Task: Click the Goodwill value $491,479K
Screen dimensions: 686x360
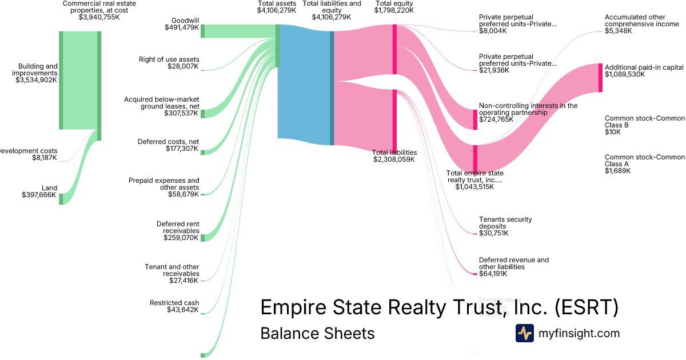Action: [x=181, y=27]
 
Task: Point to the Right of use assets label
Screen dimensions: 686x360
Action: [x=169, y=59]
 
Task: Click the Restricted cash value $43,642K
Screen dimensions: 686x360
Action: [x=182, y=310]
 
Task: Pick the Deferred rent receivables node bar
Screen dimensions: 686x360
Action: [x=202, y=238]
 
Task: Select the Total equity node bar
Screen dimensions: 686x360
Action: [x=394, y=49]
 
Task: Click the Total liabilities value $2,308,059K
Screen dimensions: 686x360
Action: [x=394, y=159]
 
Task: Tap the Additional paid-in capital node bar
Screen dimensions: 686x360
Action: [x=600, y=78]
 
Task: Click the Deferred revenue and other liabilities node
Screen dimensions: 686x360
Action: [x=475, y=274]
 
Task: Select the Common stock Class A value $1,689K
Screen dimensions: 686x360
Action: [x=617, y=171]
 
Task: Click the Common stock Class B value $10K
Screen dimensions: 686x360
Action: [x=614, y=132]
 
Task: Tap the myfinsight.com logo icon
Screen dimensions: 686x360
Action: [x=524, y=333]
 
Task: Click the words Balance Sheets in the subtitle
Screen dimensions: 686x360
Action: [x=317, y=333]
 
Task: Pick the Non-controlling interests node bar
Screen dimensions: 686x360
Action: [x=475, y=119]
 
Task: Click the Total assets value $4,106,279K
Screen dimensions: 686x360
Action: [x=277, y=10]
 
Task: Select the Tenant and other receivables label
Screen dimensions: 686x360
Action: [x=171, y=270]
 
